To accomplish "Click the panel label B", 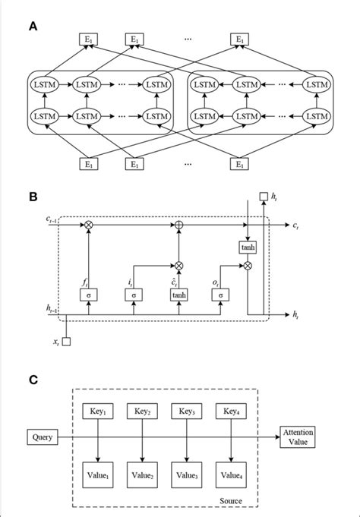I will pyautogui.click(x=33, y=197).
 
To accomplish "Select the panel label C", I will pyautogui.click(x=33, y=379).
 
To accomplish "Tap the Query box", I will pyautogui.click(x=39, y=437).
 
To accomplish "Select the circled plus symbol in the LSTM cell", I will pyautogui.click(x=180, y=226).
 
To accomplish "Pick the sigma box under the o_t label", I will pyautogui.click(x=219, y=293).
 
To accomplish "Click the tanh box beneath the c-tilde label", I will pyautogui.click(x=180, y=293).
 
